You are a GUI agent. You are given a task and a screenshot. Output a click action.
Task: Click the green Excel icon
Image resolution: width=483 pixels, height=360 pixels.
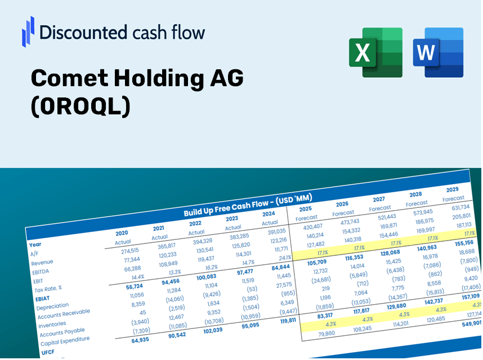[x=375, y=52]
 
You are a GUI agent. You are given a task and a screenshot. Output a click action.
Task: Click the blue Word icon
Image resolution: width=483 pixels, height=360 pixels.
[x=438, y=52]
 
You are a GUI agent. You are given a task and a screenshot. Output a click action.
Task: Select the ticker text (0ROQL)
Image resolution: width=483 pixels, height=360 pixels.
[x=80, y=107]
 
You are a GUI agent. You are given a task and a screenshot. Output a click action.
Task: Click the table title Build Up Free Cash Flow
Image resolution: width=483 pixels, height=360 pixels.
[x=248, y=206]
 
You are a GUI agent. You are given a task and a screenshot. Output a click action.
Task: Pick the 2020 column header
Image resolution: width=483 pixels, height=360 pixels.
[x=122, y=233]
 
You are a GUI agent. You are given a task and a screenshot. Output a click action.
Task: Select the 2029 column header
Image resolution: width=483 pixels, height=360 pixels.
[x=452, y=189]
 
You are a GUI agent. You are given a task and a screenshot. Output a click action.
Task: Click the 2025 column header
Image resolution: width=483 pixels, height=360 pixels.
[x=305, y=208]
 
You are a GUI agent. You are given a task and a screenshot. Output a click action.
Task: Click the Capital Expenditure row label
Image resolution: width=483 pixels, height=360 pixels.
[x=65, y=339]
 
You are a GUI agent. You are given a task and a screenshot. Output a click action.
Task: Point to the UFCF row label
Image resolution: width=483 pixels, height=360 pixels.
[x=48, y=352]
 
